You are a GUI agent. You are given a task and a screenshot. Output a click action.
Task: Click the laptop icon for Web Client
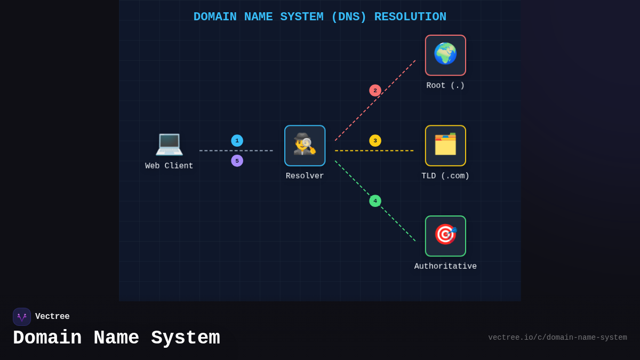pos(169,143)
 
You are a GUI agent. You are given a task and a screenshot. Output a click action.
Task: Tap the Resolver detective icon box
pos(305,146)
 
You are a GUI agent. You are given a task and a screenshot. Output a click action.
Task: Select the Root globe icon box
pos(445,55)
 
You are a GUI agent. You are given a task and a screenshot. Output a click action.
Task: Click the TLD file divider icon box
pos(445,146)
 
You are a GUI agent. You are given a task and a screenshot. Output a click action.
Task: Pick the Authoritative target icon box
pos(445,236)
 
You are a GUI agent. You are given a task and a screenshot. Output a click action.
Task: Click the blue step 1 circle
pos(237,141)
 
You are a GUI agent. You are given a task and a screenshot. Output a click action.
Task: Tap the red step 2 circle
pos(375,91)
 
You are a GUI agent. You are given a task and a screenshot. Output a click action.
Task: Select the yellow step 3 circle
pos(375,141)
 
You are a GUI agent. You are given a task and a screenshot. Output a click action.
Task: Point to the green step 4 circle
pos(375,201)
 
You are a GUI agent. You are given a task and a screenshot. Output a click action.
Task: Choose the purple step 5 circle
pos(237,161)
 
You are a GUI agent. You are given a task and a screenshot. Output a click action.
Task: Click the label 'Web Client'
pos(169,166)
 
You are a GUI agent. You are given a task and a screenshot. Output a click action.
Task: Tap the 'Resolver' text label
pos(305,176)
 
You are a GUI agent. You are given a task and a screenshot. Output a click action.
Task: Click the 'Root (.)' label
pos(445,85)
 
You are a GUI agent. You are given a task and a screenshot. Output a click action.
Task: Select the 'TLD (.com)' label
pos(445,176)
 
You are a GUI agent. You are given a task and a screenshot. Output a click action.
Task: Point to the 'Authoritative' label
pos(445,266)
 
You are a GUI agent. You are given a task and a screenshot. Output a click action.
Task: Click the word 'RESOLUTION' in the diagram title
pos(410,17)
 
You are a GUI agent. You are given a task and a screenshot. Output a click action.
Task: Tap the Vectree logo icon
pos(22,317)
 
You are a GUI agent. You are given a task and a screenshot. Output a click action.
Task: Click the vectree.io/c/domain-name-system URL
pos(557,338)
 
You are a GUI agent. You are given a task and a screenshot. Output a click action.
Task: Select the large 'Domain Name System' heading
pos(116,338)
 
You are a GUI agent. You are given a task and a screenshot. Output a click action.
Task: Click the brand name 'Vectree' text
pos(52,317)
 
